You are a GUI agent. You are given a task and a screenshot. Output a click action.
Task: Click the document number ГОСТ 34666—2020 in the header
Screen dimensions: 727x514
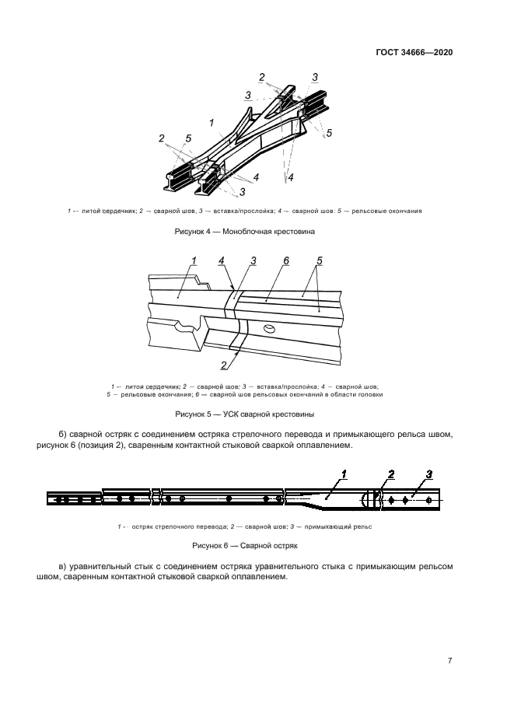(x=414, y=53)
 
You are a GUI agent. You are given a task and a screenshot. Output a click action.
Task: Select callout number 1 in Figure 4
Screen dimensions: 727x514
(x=211, y=122)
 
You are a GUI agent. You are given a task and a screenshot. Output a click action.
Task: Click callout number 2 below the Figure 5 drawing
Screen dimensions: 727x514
(x=223, y=365)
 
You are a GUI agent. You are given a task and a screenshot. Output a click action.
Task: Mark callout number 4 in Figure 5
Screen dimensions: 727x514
(x=222, y=260)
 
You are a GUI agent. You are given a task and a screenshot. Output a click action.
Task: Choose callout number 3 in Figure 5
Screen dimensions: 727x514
(x=253, y=260)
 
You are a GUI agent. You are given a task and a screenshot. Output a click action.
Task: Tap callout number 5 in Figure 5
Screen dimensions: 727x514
(x=320, y=260)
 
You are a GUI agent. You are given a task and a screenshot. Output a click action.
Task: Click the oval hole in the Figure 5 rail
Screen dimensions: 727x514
(x=268, y=329)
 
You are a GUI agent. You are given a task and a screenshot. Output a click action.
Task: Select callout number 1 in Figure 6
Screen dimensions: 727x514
(x=344, y=474)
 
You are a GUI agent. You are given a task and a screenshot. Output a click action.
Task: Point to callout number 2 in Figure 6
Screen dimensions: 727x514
(x=391, y=474)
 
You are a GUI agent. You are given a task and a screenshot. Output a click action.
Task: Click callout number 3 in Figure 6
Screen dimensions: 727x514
(x=428, y=474)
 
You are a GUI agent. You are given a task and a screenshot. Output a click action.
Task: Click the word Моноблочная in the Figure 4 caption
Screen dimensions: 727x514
(x=251, y=232)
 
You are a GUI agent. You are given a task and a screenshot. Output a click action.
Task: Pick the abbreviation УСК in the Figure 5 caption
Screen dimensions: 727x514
(x=231, y=414)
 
